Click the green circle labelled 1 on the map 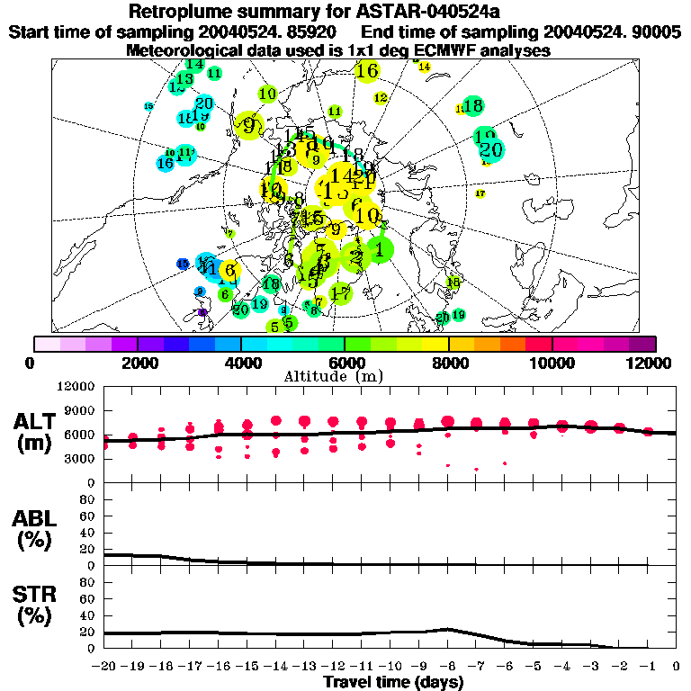(381, 249)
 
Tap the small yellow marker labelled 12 (381, 97)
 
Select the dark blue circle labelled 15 (183, 264)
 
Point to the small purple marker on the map (202, 312)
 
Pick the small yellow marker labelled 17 (480, 193)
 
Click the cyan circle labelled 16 (166, 163)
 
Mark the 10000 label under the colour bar (552, 363)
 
